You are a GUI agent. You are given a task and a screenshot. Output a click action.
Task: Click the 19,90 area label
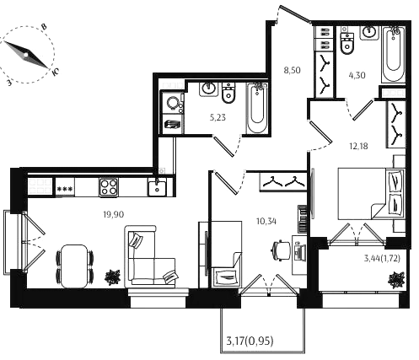[x=114, y=215]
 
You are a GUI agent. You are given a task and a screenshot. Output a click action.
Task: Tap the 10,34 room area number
[x=266, y=222]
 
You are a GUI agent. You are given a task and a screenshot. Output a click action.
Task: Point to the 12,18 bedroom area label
[x=358, y=146]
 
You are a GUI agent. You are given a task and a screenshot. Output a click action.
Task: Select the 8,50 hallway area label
[x=292, y=70]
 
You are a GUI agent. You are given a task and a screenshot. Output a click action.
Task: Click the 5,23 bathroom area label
[x=218, y=117]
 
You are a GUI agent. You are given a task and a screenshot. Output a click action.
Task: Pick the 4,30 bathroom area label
[x=357, y=75]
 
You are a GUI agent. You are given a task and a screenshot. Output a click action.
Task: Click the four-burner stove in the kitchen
[x=109, y=187]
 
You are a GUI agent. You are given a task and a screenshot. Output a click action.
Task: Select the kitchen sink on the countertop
[x=158, y=188]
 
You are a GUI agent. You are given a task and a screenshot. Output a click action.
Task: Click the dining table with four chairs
[x=74, y=266]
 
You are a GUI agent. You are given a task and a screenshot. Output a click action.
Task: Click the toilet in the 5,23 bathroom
[x=228, y=93]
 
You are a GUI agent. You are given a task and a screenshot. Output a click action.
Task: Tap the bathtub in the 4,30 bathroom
[x=394, y=55]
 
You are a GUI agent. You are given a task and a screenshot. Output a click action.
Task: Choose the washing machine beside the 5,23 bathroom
[x=172, y=103]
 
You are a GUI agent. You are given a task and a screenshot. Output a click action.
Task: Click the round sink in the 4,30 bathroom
[x=369, y=33]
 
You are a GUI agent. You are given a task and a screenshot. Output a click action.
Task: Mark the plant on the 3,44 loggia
[x=396, y=280]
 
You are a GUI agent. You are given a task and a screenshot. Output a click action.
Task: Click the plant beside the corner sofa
[x=113, y=277]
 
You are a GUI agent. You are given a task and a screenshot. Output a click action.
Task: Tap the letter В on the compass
[x=44, y=27]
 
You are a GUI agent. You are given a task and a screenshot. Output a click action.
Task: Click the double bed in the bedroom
[x=371, y=194]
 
